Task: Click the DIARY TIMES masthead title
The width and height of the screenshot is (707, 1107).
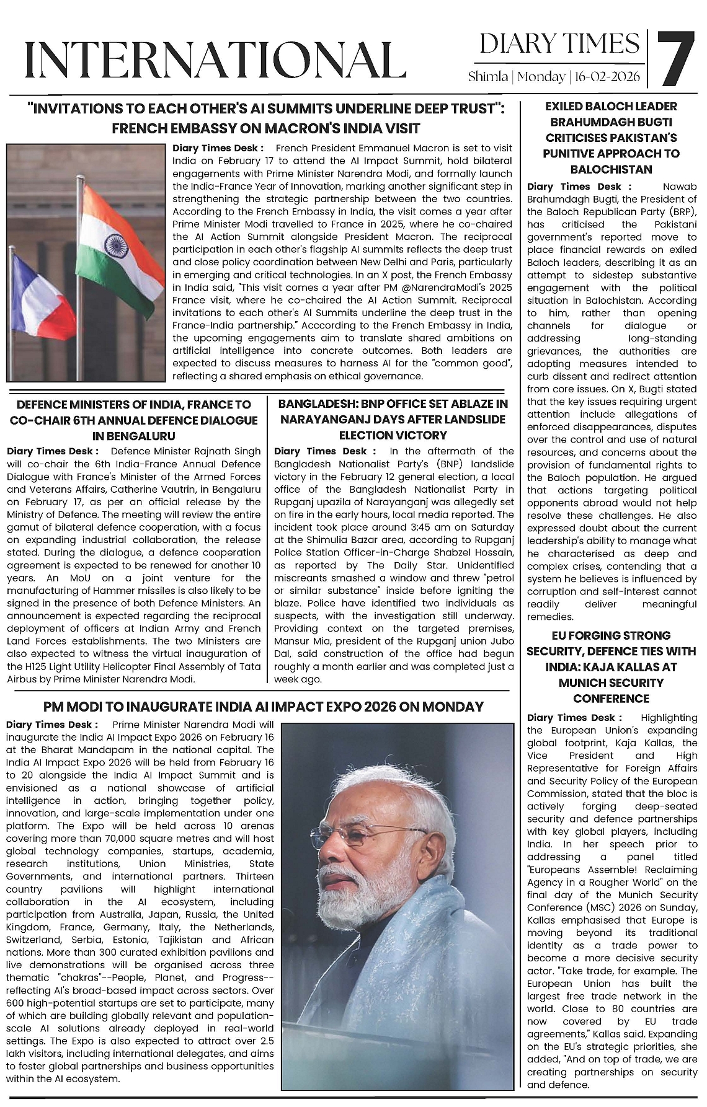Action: click(559, 43)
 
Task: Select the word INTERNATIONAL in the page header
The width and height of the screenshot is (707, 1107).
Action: click(211, 60)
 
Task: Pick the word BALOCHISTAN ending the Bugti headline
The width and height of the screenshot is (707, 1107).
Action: click(611, 169)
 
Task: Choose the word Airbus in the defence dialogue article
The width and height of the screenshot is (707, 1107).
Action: click(21, 679)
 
